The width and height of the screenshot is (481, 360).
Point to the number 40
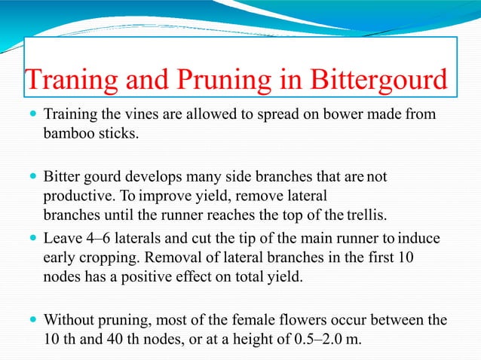coord(122,338)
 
